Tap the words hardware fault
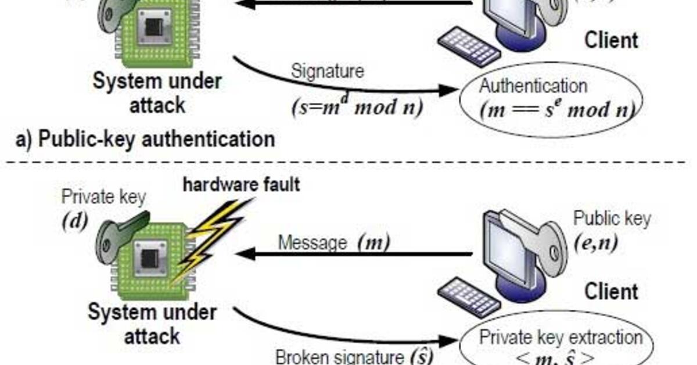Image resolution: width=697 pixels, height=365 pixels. pyautogui.click(x=242, y=185)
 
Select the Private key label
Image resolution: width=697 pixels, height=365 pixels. pyautogui.click(x=103, y=196)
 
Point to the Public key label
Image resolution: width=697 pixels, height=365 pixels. pyautogui.click(x=612, y=219)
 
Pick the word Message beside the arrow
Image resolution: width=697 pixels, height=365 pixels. pyautogui.click(x=312, y=242)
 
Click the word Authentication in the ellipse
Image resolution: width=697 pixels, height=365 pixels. pyautogui.click(x=533, y=86)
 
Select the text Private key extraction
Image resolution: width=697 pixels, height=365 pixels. pyautogui.click(x=560, y=338)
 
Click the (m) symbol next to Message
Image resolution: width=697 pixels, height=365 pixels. pyautogui.click(x=373, y=242)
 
